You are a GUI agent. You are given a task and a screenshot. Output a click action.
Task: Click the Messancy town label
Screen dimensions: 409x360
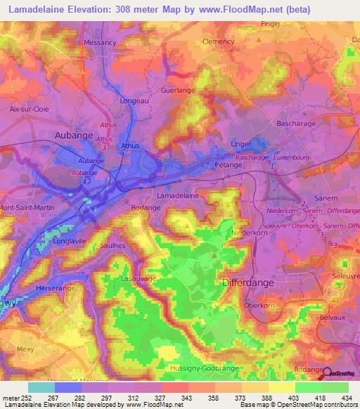pyautogui.click(x=99, y=42)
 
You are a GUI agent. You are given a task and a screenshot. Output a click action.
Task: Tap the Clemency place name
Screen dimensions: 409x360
pyautogui.click(x=218, y=41)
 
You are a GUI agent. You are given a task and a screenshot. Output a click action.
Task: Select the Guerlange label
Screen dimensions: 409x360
pyautogui.click(x=178, y=91)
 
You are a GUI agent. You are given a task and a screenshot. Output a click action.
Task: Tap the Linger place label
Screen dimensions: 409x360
pyautogui.click(x=241, y=143)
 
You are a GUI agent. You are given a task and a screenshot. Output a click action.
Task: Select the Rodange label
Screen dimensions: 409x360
pyautogui.click(x=146, y=208)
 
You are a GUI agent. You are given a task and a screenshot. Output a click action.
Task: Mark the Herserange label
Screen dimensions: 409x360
pyautogui.click(x=59, y=289)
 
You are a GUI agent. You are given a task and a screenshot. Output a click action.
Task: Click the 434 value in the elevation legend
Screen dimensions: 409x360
pyautogui.click(x=345, y=398)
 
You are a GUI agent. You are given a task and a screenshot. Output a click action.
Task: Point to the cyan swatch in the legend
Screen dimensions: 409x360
pyautogui.click(x=41, y=387)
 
